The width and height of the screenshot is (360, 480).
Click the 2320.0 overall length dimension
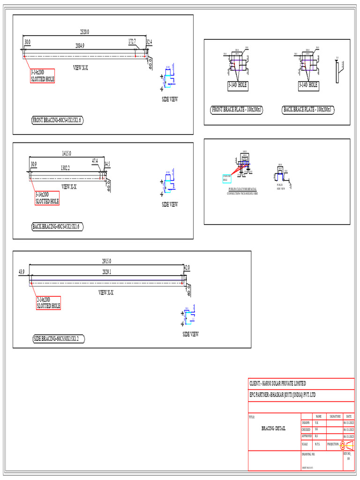click(84, 32)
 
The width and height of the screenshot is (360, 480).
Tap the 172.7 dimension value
click(132, 42)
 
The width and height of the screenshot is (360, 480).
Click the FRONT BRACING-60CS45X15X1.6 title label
click(57, 120)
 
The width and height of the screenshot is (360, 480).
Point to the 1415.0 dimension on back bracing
click(67, 153)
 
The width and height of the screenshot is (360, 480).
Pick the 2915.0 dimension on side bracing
click(106, 261)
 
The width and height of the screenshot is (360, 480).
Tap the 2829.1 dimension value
click(106, 271)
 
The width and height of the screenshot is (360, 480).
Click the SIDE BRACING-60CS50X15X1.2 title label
click(59, 339)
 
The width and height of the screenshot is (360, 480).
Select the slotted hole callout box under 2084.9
click(42, 76)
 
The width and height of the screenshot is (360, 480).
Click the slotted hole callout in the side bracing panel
click(49, 303)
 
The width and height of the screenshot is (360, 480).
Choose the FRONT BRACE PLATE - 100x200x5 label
click(237, 110)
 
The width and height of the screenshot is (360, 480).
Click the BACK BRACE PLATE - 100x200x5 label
click(308, 110)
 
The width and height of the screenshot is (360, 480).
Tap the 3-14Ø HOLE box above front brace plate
click(237, 85)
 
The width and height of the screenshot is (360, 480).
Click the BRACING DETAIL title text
click(273, 428)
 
